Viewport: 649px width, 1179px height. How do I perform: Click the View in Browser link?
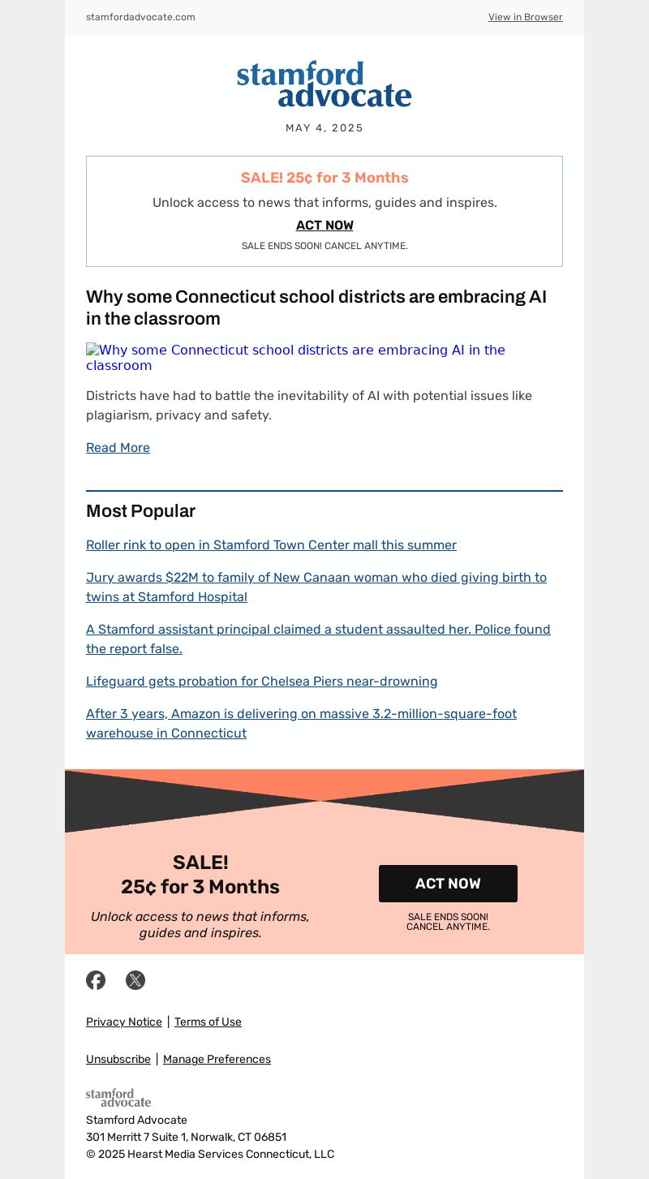(525, 17)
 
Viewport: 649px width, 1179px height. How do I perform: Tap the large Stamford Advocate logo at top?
(324, 84)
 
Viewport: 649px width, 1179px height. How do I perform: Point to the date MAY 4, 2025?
(324, 128)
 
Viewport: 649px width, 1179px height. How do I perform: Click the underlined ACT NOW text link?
(324, 226)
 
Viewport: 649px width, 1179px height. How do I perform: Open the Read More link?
(118, 448)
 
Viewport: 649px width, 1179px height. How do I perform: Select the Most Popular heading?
(140, 511)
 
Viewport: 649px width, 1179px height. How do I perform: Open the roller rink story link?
(271, 545)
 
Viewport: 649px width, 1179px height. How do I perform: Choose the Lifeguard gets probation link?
(261, 682)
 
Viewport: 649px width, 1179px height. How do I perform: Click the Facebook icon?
(96, 980)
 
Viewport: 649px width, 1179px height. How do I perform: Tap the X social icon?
(135, 980)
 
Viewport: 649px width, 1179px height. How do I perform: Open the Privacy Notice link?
(124, 1022)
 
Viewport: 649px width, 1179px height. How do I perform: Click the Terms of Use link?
(208, 1022)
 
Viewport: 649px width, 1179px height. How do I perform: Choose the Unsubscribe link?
(118, 1060)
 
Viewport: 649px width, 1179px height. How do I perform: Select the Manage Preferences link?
(217, 1060)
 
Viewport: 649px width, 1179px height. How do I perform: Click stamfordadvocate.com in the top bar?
(140, 17)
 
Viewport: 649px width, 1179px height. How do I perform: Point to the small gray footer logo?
(118, 1098)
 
